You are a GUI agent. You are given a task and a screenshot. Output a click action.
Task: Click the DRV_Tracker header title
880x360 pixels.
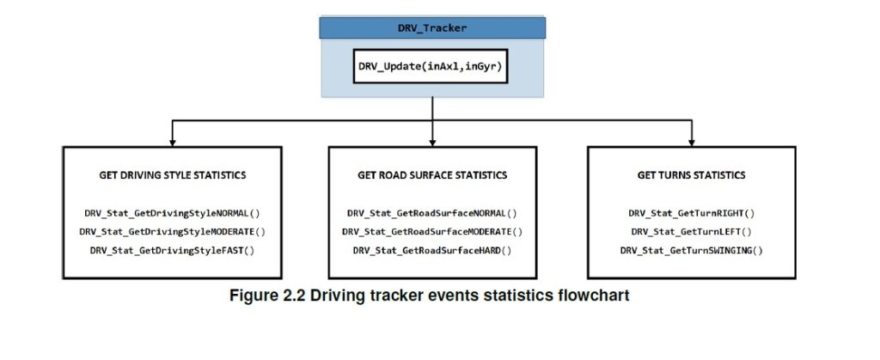click(431, 27)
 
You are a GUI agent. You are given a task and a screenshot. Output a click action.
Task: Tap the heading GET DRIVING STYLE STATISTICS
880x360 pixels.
click(173, 175)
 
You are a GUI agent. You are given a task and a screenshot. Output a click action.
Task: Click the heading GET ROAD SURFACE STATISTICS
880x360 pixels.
click(432, 175)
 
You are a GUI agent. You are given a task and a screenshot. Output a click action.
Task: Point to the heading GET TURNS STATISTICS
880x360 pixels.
click(692, 175)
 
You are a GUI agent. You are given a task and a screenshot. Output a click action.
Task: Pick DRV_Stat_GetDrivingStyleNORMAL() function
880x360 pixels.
click(173, 212)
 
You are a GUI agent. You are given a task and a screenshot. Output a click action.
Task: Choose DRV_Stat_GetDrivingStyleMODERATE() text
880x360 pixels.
click(173, 231)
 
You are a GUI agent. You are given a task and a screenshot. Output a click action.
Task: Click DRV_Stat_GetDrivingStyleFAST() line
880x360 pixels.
click(173, 250)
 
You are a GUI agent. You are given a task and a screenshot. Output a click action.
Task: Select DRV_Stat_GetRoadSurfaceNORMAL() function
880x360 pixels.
click(432, 212)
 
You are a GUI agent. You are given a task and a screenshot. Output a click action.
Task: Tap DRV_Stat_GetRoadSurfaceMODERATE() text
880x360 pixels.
click(432, 231)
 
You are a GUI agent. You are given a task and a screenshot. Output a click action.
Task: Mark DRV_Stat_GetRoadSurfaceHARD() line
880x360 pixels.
click(432, 250)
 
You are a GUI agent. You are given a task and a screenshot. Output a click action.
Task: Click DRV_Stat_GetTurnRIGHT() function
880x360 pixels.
click(692, 212)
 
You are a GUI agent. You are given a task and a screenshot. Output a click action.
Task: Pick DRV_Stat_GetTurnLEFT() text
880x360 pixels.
click(692, 231)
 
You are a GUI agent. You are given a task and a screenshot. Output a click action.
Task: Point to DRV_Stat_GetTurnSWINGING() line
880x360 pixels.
click(692, 250)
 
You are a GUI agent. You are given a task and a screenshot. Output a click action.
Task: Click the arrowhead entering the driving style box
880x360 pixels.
click(173, 140)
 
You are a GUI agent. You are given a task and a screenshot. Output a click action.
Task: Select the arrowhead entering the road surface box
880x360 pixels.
click(432, 140)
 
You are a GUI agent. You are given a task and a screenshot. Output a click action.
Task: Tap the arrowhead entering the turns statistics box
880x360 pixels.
click(692, 140)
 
